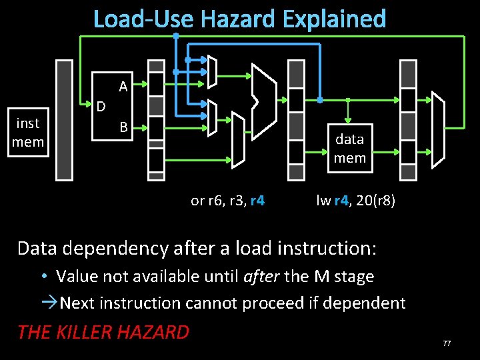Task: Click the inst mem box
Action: pos(29,133)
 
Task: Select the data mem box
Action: pos(349,148)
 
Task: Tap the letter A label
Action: pos(123,86)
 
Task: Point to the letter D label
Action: pos(101,106)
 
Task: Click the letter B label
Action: pos(123,127)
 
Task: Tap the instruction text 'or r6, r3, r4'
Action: pos(227,201)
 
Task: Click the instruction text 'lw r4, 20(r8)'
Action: pos(355,201)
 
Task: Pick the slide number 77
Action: pos(446,343)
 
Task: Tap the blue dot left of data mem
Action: pos(319,100)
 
